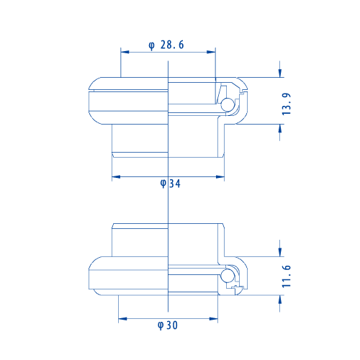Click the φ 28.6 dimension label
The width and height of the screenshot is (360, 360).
tap(166, 45)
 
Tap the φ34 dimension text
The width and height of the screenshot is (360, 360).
tap(170, 184)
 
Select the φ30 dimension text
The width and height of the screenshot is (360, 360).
tap(168, 325)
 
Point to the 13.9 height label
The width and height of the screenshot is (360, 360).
tap(287, 104)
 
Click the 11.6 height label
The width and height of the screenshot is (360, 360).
tap(287, 276)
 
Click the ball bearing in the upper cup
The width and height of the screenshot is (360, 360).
tap(228, 104)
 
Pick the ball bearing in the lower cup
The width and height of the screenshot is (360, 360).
tap(228, 276)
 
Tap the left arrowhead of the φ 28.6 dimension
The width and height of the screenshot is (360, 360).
tap(125, 52)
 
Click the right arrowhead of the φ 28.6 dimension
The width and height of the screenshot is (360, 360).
tap(211, 52)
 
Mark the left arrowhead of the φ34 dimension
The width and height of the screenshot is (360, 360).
tap(116, 177)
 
